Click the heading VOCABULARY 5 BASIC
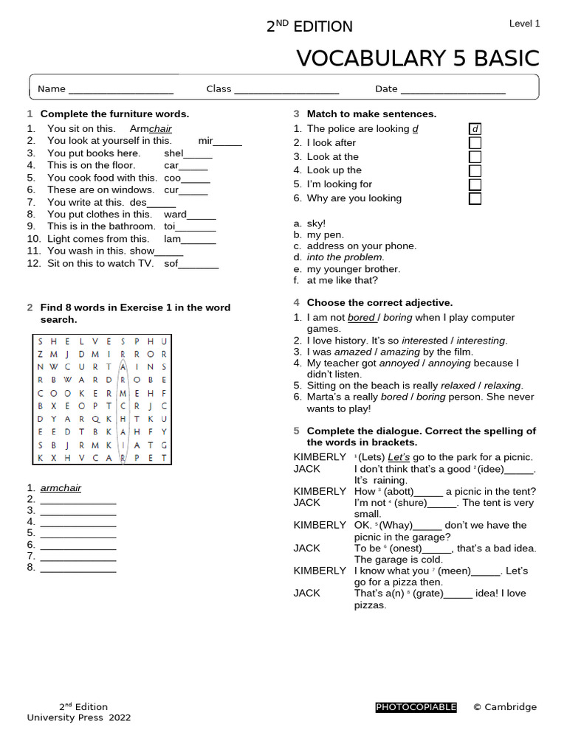pyautogui.click(x=417, y=58)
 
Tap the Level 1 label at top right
pyautogui.click(x=524, y=24)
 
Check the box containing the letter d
pyautogui.click(x=475, y=129)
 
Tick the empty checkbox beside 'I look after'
pyautogui.click(x=475, y=143)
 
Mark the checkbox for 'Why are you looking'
pyautogui.click(x=475, y=198)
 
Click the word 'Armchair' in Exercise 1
pyautogui.click(x=151, y=129)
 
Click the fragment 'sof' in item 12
pyautogui.click(x=172, y=263)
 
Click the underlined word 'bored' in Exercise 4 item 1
pyautogui.click(x=361, y=318)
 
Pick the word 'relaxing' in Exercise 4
pyautogui.click(x=502, y=386)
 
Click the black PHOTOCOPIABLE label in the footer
pyautogui.click(x=416, y=707)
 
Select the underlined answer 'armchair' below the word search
pyautogui.click(x=61, y=487)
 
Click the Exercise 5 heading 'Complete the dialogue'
pyautogui.click(x=421, y=431)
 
